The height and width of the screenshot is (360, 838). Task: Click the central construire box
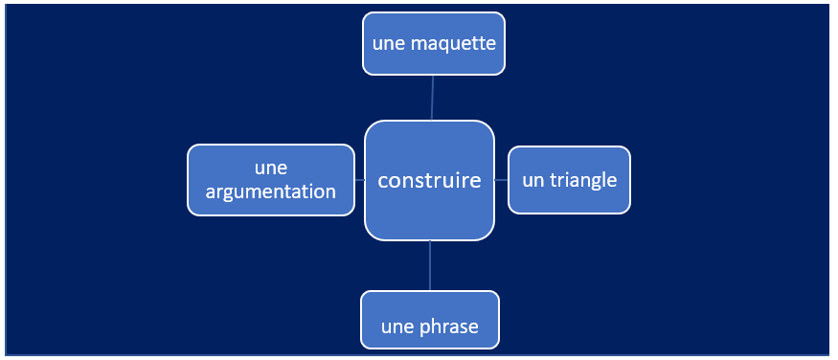click(429, 180)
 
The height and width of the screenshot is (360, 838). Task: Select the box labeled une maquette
click(434, 43)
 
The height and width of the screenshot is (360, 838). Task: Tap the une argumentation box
click(270, 180)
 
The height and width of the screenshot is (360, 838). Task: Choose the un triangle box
click(569, 180)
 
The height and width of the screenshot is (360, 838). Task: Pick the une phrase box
click(430, 320)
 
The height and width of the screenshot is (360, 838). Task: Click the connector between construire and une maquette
click(432, 98)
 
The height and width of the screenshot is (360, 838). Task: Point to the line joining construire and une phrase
click(430, 265)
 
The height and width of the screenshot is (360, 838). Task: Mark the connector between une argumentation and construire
click(360, 180)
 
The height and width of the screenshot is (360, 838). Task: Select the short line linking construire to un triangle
click(501, 180)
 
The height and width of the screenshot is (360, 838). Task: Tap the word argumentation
click(270, 192)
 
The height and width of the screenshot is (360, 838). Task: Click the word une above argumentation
click(271, 169)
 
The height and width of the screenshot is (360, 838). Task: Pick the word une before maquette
click(389, 44)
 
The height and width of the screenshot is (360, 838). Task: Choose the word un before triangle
click(532, 181)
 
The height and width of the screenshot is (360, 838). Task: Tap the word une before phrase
click(398, 327)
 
